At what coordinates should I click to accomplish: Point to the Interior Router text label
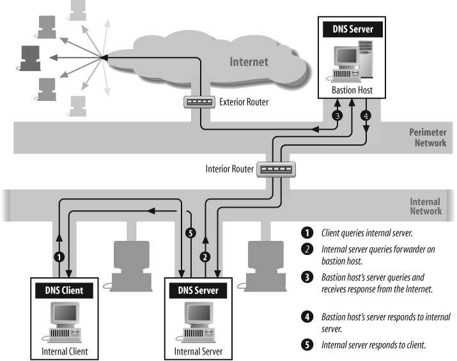(x=229, y=170)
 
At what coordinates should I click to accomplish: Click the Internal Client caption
(x=62, y=351)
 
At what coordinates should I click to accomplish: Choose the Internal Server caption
(x=201, y=351)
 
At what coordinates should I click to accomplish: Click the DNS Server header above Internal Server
(x=201, y=291)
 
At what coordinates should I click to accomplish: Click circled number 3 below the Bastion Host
(x=337, y=116)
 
